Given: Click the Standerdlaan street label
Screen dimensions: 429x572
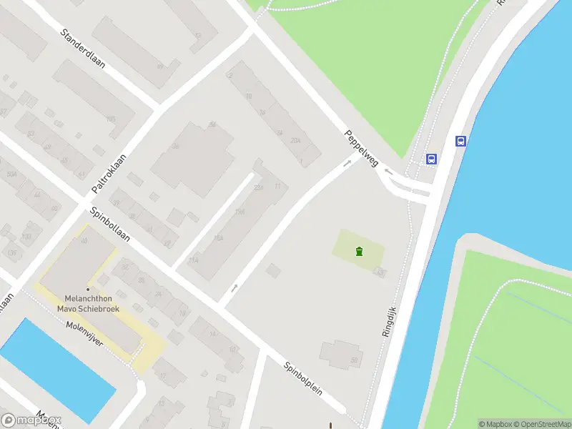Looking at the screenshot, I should click(83, 48).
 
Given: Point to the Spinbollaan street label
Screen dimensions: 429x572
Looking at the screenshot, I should click(110, 225).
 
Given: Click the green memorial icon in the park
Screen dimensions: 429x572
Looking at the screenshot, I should click(359, 251).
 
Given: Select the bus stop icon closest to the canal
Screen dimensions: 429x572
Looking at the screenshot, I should click(461, 141).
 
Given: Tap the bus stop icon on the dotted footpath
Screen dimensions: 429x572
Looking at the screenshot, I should click(431, 159).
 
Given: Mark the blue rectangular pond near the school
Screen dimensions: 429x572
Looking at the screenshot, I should click(57, 369).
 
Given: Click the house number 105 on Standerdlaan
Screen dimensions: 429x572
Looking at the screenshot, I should click(110, 119).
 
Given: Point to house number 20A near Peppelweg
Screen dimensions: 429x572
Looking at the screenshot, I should click(295, 142).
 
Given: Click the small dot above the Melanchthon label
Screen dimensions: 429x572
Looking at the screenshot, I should click(88, 289).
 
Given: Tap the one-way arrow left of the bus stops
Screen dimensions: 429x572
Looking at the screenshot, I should click(388, 171).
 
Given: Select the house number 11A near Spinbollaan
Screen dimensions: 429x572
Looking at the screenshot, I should click(193, 260).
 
